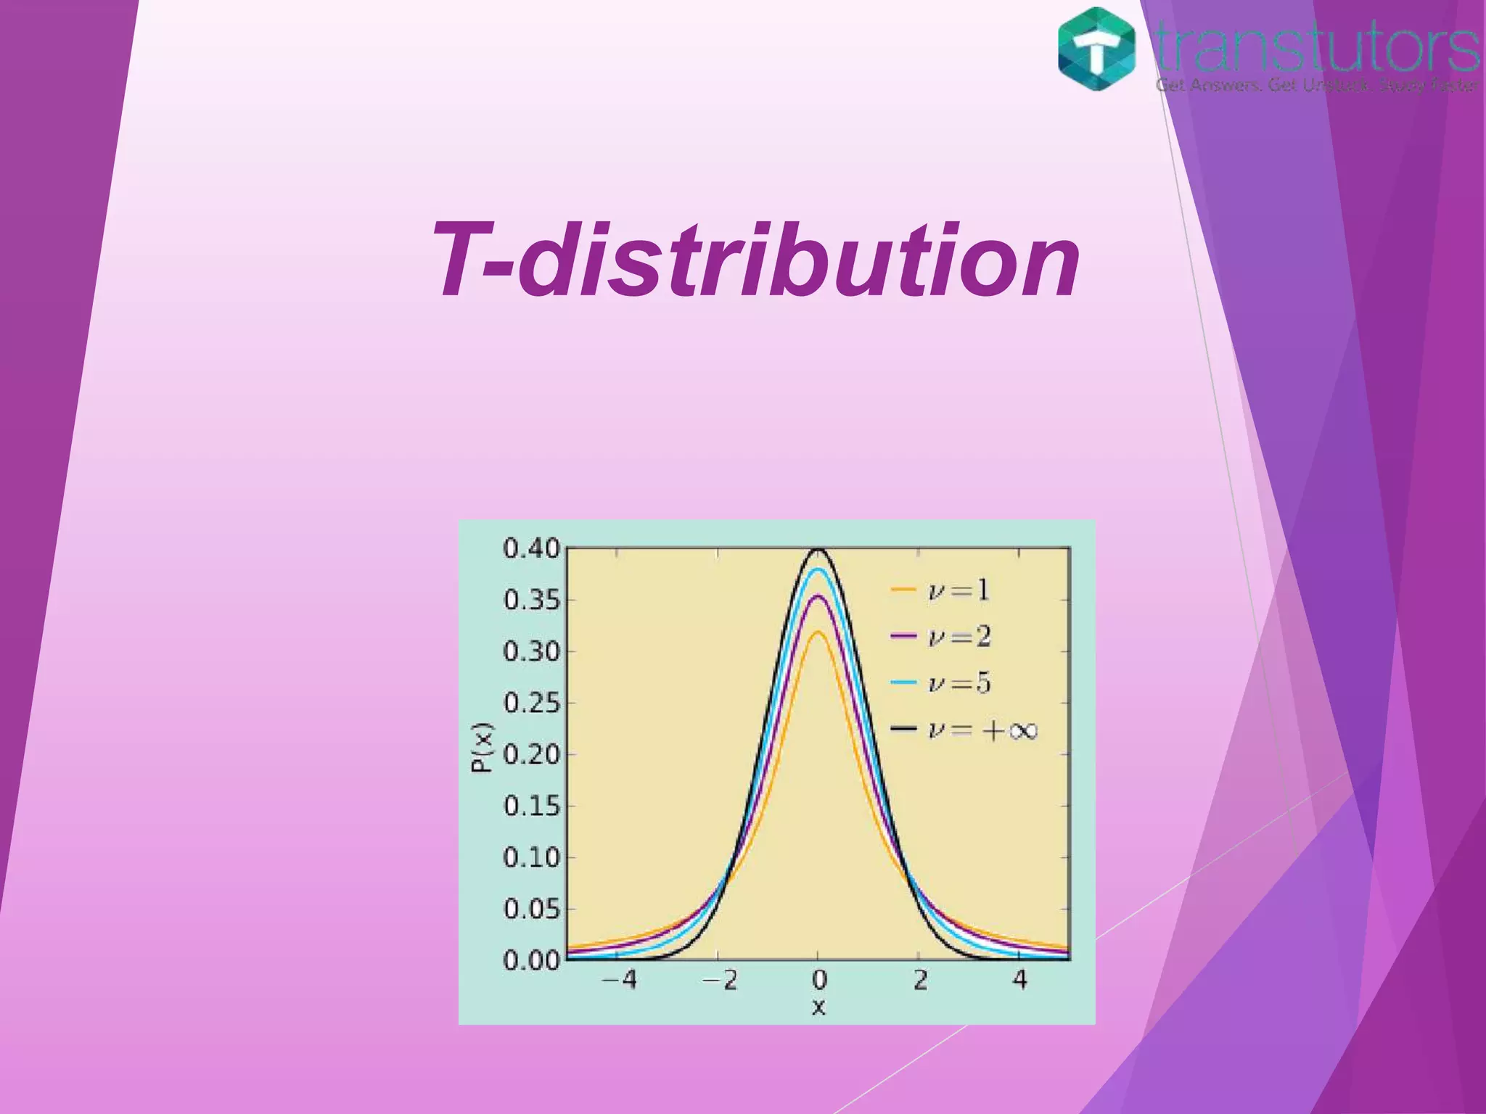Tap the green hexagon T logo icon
tap(1096, 49)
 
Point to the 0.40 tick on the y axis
tap(532, 549)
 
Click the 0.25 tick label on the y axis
tap(532, 703)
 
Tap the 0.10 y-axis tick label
tap(532, 857)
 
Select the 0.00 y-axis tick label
tap(532, 960)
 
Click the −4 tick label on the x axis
tap(619, 980)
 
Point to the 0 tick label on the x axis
tap(819, 980)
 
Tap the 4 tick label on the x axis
tap(1020, 980)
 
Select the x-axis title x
tap(818, 1007)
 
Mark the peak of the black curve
tap(818, 549)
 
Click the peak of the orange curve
tap(818, 632)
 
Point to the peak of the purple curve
tap(818, 596)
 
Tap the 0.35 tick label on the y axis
tap(532, 601)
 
